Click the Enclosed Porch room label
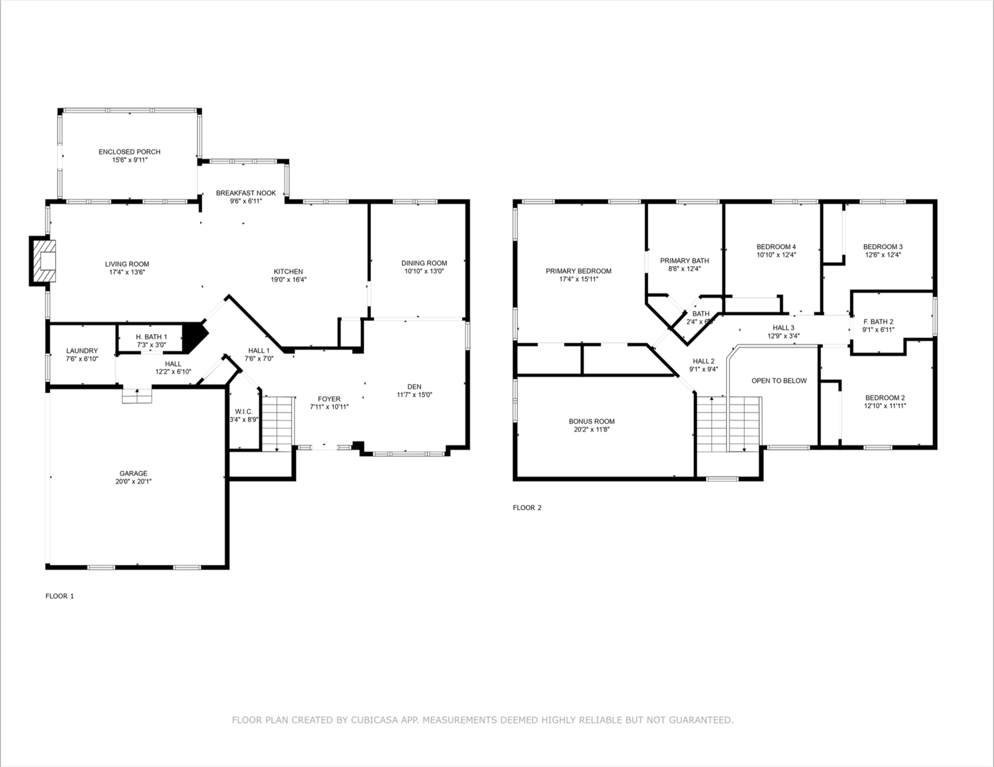(x=129, y=152)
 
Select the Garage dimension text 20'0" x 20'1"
(x=133, y=481)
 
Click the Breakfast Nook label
(x=246, y=193)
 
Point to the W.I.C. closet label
(x=244, y=411)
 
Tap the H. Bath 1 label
(x=152, y=337)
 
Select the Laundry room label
(x=82, y=351)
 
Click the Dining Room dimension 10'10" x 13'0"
(x=424, y=271)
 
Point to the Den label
(x=414, y=386)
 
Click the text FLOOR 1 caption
(x=59, y=596)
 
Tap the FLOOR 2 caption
(x=527, y=507)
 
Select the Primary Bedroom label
(x=578, y=271)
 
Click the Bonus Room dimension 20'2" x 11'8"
(x=591, y=429)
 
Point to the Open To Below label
(x=778, y=381)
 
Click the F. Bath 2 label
(x=878, y=322)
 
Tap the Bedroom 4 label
(x=776, y=247)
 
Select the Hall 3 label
(x=783, y=328)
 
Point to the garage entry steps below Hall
(x=137, y=396)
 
